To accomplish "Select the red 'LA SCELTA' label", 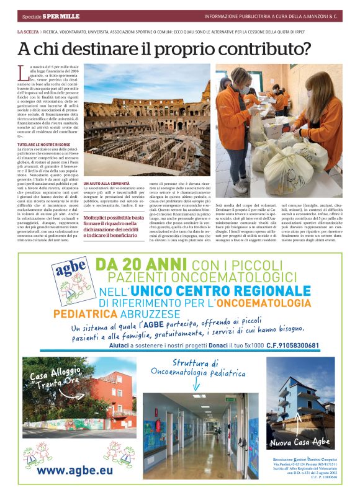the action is click(x=28, y=31).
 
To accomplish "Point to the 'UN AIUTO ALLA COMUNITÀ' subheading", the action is click(x=106, y=184).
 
